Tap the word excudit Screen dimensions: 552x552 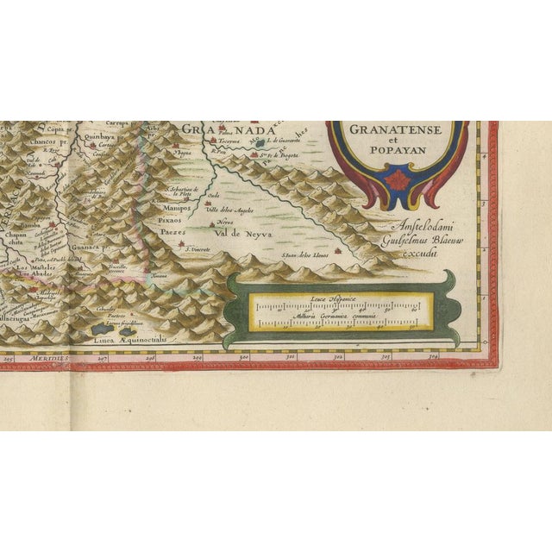tap(418, 254)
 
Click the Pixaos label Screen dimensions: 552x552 tap(172, 220)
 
